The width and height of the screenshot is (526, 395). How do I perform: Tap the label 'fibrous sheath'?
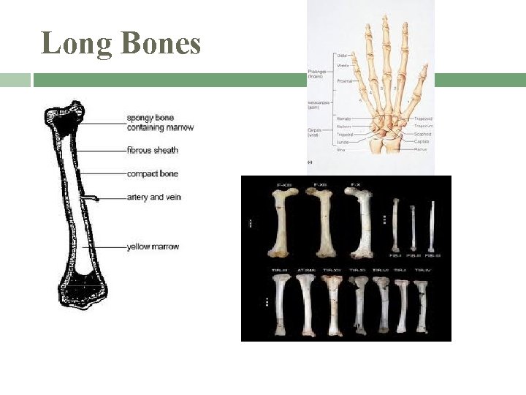(x=152, y=151)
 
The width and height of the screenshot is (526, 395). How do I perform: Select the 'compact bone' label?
(x=152, y=174)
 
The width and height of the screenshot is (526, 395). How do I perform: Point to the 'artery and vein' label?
(x=153, y=197)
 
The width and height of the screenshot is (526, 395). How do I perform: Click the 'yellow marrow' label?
(x=153, y=247)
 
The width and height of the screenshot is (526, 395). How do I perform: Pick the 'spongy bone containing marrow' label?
(x=159, y=123)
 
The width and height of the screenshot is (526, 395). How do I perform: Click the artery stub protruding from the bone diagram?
(x=91, y=197)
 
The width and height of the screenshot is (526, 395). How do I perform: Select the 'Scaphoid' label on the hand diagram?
(x=422, y=134)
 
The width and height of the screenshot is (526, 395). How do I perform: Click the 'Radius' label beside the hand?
(x=421, y=148)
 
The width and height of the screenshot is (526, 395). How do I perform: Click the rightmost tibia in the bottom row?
(x=422, y=304)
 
